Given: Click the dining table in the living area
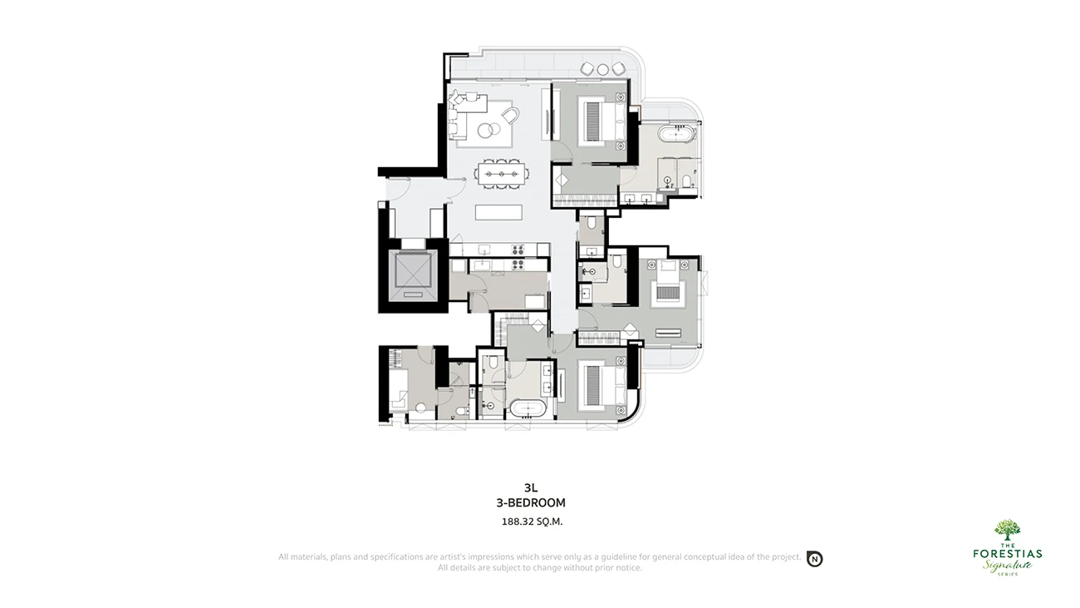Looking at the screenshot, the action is tap(502, 174).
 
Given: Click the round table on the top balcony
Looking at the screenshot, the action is tap(602, 70).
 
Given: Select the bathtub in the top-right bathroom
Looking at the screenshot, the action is tap(679, 133).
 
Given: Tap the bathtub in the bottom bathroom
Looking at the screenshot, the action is tap(528, 408).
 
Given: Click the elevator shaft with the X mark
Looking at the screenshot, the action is tap(413, 275).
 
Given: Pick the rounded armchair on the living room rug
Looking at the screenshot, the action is tap(510, 116).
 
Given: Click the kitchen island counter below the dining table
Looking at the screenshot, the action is tap(498, 212).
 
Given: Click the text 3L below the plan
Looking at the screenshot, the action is tap(531, 488).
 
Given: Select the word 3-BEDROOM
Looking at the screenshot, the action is tap(531, 503).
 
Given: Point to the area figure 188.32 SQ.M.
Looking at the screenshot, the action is tap(532, 521).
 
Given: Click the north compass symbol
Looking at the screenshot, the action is tap(815, 559).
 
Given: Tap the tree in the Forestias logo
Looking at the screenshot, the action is tap(1007, 530).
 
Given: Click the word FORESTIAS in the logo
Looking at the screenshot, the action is tap(1007, 553).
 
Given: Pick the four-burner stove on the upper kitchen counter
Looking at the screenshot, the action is tap(518, 250).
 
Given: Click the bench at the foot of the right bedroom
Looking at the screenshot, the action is tap(668, 333).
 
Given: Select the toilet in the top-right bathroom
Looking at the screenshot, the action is tap(686, 180).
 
